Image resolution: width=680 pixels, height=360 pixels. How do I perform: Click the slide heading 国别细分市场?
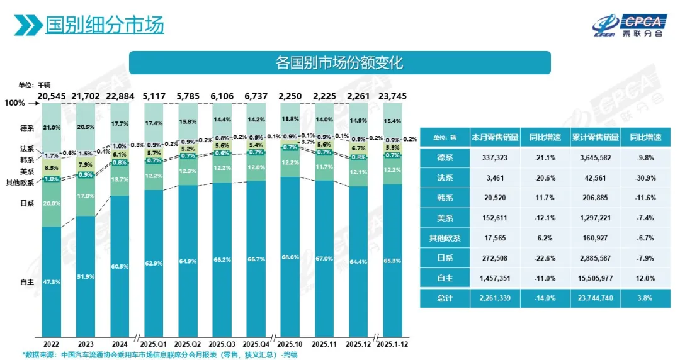point(105,25)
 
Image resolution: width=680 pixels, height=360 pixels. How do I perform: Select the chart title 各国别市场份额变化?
point(339,63)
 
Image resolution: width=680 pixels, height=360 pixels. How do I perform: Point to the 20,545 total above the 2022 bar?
point(52,96)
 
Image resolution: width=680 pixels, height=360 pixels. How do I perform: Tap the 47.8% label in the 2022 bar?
point(52,283)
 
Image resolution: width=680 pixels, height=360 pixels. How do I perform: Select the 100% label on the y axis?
point(14,103)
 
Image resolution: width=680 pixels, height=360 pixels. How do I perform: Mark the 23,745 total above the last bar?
point(393,96)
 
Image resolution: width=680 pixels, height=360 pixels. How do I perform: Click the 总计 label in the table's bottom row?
point(444,298)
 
